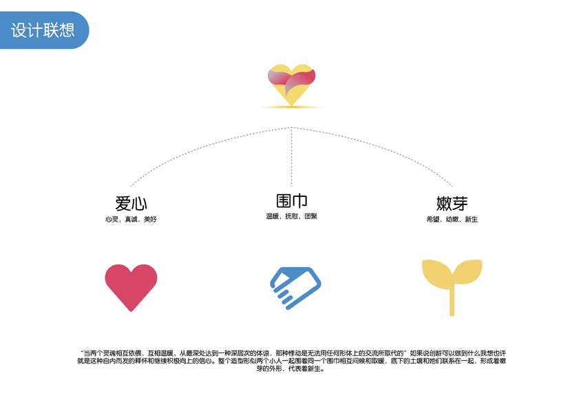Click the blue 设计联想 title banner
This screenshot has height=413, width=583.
[x=43, y=30]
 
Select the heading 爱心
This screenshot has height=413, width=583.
[x=131, y=203]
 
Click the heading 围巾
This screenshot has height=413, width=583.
[x=291, y=201]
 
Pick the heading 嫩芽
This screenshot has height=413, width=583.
[x=452, y=203]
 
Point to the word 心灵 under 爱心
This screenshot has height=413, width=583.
[x=112, y=219]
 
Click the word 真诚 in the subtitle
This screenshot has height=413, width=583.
[x=131, y=219]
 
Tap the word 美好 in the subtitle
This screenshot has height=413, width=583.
[x=150, y=219]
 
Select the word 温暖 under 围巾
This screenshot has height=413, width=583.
[x=272, y=216]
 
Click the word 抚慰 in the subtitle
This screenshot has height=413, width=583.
[x=291, y=216]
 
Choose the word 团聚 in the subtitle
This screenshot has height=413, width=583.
[x=310, y=216]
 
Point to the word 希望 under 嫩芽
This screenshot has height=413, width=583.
[x=433, y=219]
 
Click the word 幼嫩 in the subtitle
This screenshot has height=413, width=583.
[x=452, y=219]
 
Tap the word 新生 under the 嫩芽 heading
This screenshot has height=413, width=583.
[x=471, y=219]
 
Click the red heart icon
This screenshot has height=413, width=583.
[x=131, y=284]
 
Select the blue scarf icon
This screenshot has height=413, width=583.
[x=296, y=285]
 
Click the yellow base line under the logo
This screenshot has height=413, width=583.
[x=291, y=107]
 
